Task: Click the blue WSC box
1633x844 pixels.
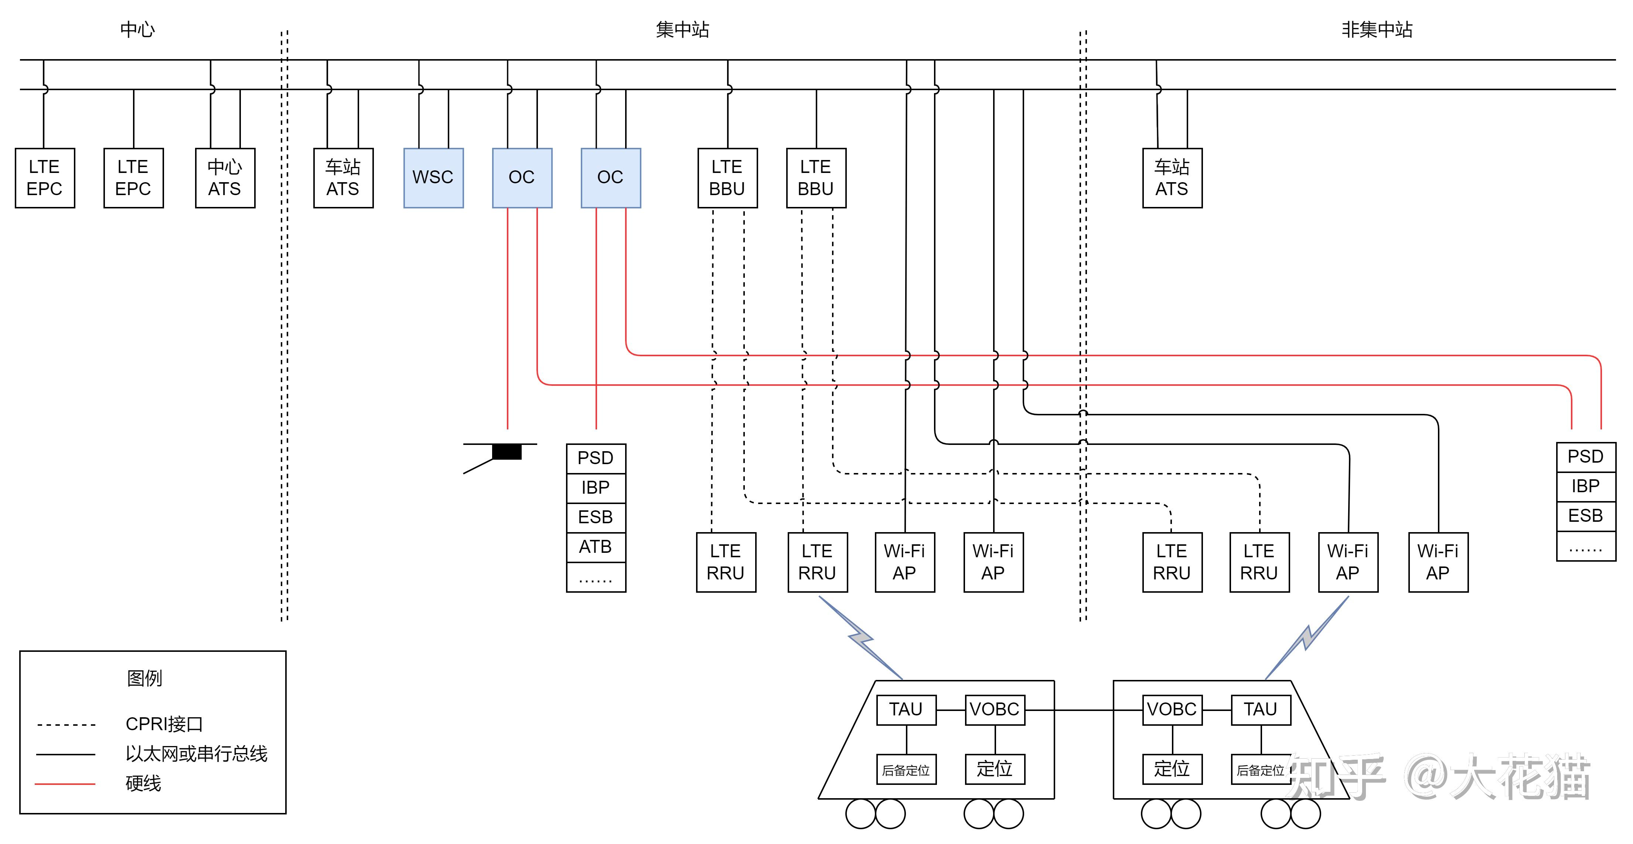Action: point(434,177)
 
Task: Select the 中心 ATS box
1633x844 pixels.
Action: point(225,177)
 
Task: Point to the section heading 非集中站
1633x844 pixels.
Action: point(1377,29)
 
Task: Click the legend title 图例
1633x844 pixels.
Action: point(144,678)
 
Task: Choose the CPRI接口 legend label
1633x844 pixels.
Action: point(164,724)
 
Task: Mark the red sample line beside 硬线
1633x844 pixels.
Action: point(65,784)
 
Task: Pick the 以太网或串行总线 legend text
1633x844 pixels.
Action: point(197,753)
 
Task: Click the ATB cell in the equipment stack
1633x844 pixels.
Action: point(596,547)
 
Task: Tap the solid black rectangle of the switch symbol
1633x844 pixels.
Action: point(507,452)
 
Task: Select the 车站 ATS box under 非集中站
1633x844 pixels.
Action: point(1172,177)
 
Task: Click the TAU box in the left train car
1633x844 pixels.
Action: point(906,709)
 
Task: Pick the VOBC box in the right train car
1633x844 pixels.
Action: point(1172,709)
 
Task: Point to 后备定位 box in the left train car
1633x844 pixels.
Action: point(906,769)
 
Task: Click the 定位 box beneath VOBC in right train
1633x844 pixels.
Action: point(1172,769)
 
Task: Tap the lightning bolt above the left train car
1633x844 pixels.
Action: point(861,638)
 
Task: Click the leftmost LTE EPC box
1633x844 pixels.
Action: point(45,177)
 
